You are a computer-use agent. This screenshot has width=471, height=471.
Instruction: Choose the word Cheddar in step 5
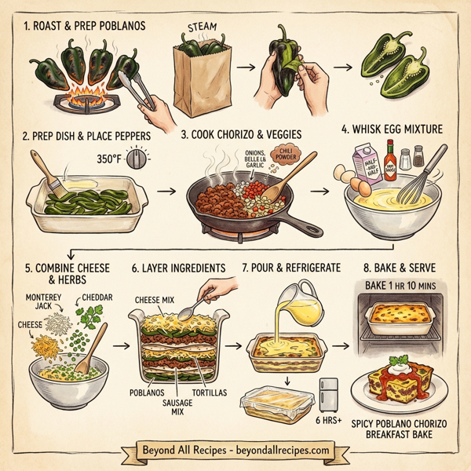97,299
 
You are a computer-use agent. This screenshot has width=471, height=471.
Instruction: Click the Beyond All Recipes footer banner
235,451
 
